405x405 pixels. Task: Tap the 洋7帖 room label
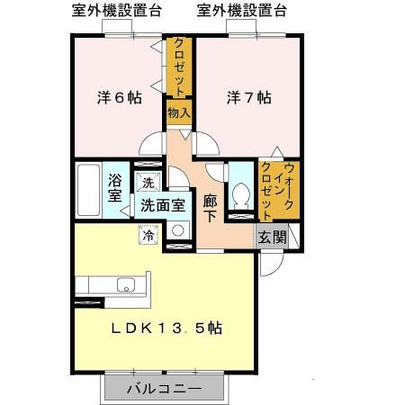point(248,95)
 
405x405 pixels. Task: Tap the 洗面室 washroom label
point(162,204)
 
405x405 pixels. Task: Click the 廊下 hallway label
point(211,207)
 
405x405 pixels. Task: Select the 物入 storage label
point(178,113)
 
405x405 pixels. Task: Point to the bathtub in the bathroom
point(87,187)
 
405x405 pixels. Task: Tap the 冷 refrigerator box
point(146,234)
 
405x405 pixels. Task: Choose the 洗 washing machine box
point(147,184)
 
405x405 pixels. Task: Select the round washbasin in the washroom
point(177,230)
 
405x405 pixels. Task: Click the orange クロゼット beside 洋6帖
point(178,67)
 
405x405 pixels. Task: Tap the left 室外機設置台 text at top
point(118,12)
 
